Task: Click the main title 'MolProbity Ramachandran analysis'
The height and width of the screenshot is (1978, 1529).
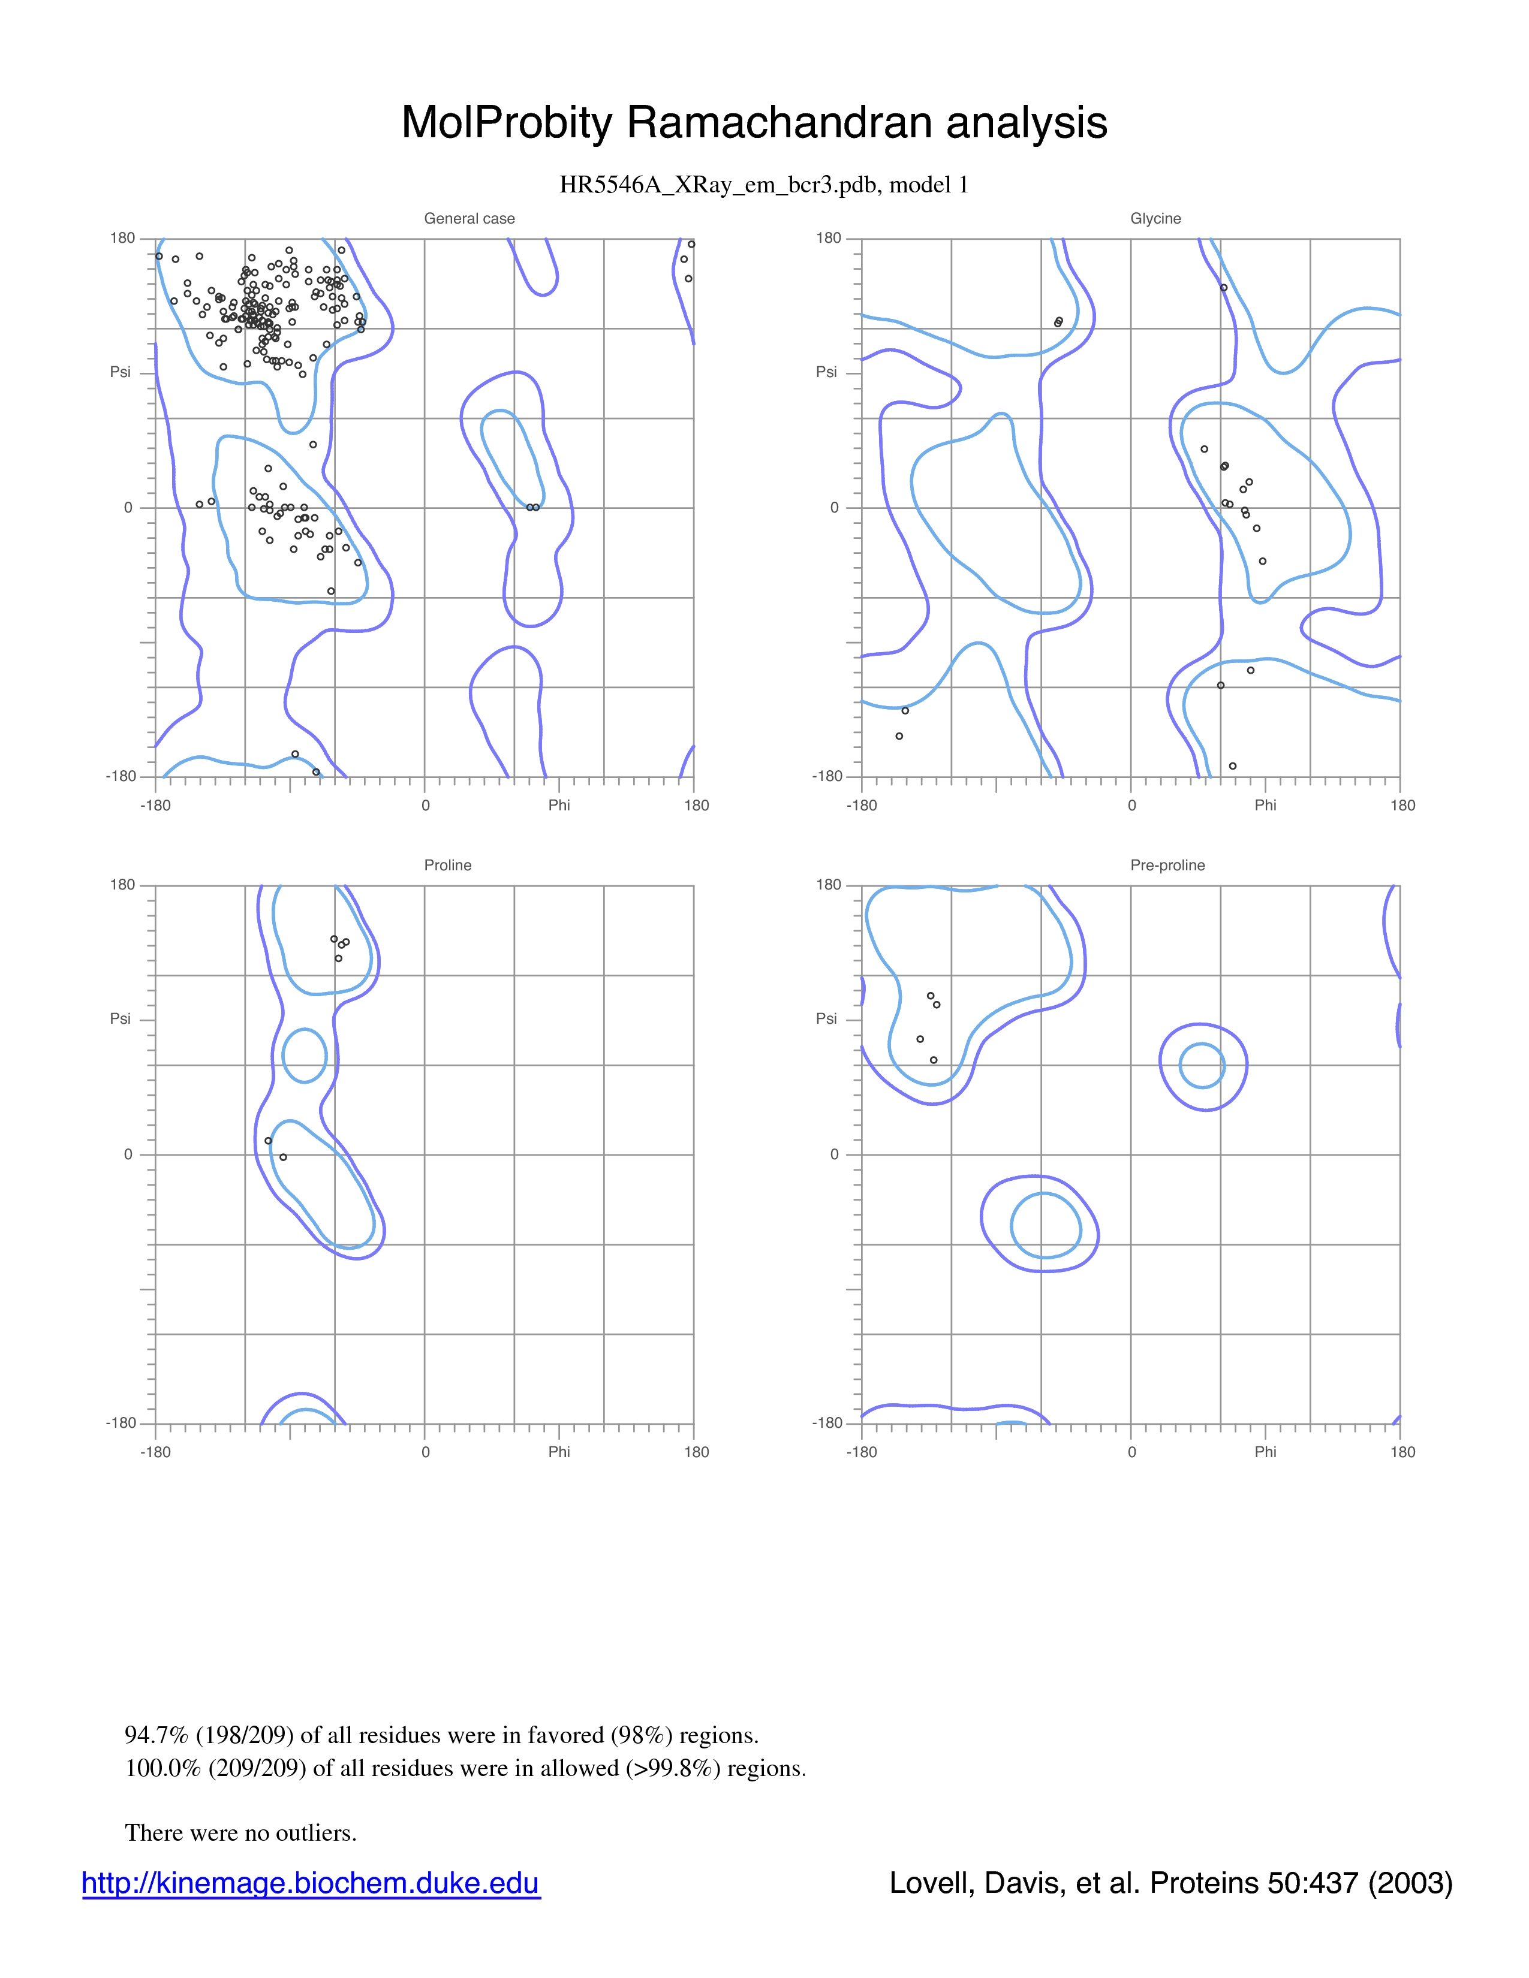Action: (754, 122)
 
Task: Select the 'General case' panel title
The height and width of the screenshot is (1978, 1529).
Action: (469, 218)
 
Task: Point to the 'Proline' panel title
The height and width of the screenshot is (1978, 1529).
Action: (447, 865)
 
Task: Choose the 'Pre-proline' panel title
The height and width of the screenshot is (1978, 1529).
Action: (1167, 865)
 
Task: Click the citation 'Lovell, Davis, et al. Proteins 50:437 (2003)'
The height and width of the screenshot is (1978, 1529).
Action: (1170, 1883)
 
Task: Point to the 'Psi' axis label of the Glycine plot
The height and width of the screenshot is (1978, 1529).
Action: (826, 372)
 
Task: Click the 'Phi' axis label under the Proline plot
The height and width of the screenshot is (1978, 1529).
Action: (559, 1452)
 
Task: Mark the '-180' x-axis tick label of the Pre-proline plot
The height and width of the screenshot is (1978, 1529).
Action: (862, 1452)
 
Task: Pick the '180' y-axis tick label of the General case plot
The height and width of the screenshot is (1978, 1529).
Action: (122, 238)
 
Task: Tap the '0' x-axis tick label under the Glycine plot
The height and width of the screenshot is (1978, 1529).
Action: (1131, 805)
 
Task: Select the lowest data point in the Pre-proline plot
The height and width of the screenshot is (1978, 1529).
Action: (934, 1060)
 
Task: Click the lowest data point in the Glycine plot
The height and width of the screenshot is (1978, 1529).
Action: (1233, 766)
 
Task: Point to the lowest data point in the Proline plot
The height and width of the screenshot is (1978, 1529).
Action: (284, 1157)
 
